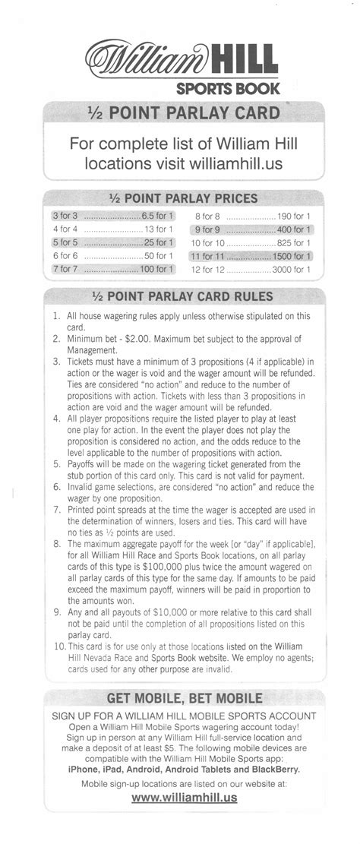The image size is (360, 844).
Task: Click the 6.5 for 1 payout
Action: (x=157, y=216)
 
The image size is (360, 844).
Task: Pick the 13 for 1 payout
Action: (x=159, y=229)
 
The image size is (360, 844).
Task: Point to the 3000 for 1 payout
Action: (x=292, y=269)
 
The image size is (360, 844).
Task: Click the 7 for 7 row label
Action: (x=66, y=269)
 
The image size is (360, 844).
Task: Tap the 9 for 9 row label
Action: (x=208, y=229)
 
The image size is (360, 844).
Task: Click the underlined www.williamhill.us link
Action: (x=185, y=797)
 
